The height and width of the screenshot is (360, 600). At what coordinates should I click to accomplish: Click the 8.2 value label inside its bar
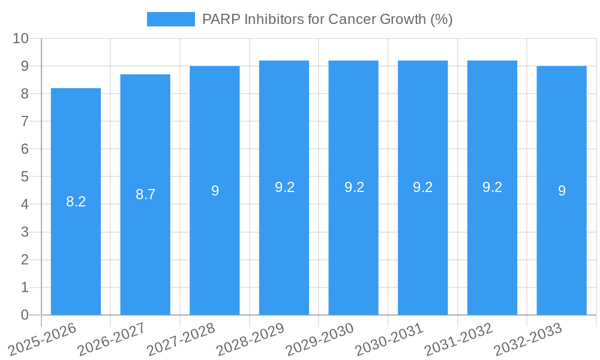coord(76,202)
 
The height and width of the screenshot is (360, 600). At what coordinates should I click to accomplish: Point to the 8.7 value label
coord(145,194)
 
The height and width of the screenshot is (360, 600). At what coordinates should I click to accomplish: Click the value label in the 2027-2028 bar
coord(215,191)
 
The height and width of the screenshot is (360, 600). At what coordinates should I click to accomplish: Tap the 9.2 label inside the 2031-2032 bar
coord(492,187)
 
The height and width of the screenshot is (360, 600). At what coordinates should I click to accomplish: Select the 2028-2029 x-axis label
coord(250,339)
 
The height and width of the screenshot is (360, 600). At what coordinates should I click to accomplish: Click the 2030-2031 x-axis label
coord(389,339)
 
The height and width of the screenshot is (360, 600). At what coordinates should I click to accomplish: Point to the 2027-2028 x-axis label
coord(181,339)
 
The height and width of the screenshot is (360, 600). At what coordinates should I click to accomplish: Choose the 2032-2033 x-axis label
coord(528,339)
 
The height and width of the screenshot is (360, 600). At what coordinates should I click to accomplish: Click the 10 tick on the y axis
coord(20,38)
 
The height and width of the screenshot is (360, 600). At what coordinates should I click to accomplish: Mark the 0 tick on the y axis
coord(25,315)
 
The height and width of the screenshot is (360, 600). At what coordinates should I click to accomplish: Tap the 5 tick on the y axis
coord(25,177)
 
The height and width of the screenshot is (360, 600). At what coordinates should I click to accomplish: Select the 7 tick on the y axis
coord(25,121)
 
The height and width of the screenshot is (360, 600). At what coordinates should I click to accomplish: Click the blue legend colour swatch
coord(171,19)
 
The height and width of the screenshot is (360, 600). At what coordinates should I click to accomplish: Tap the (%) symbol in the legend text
coord(442,19)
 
